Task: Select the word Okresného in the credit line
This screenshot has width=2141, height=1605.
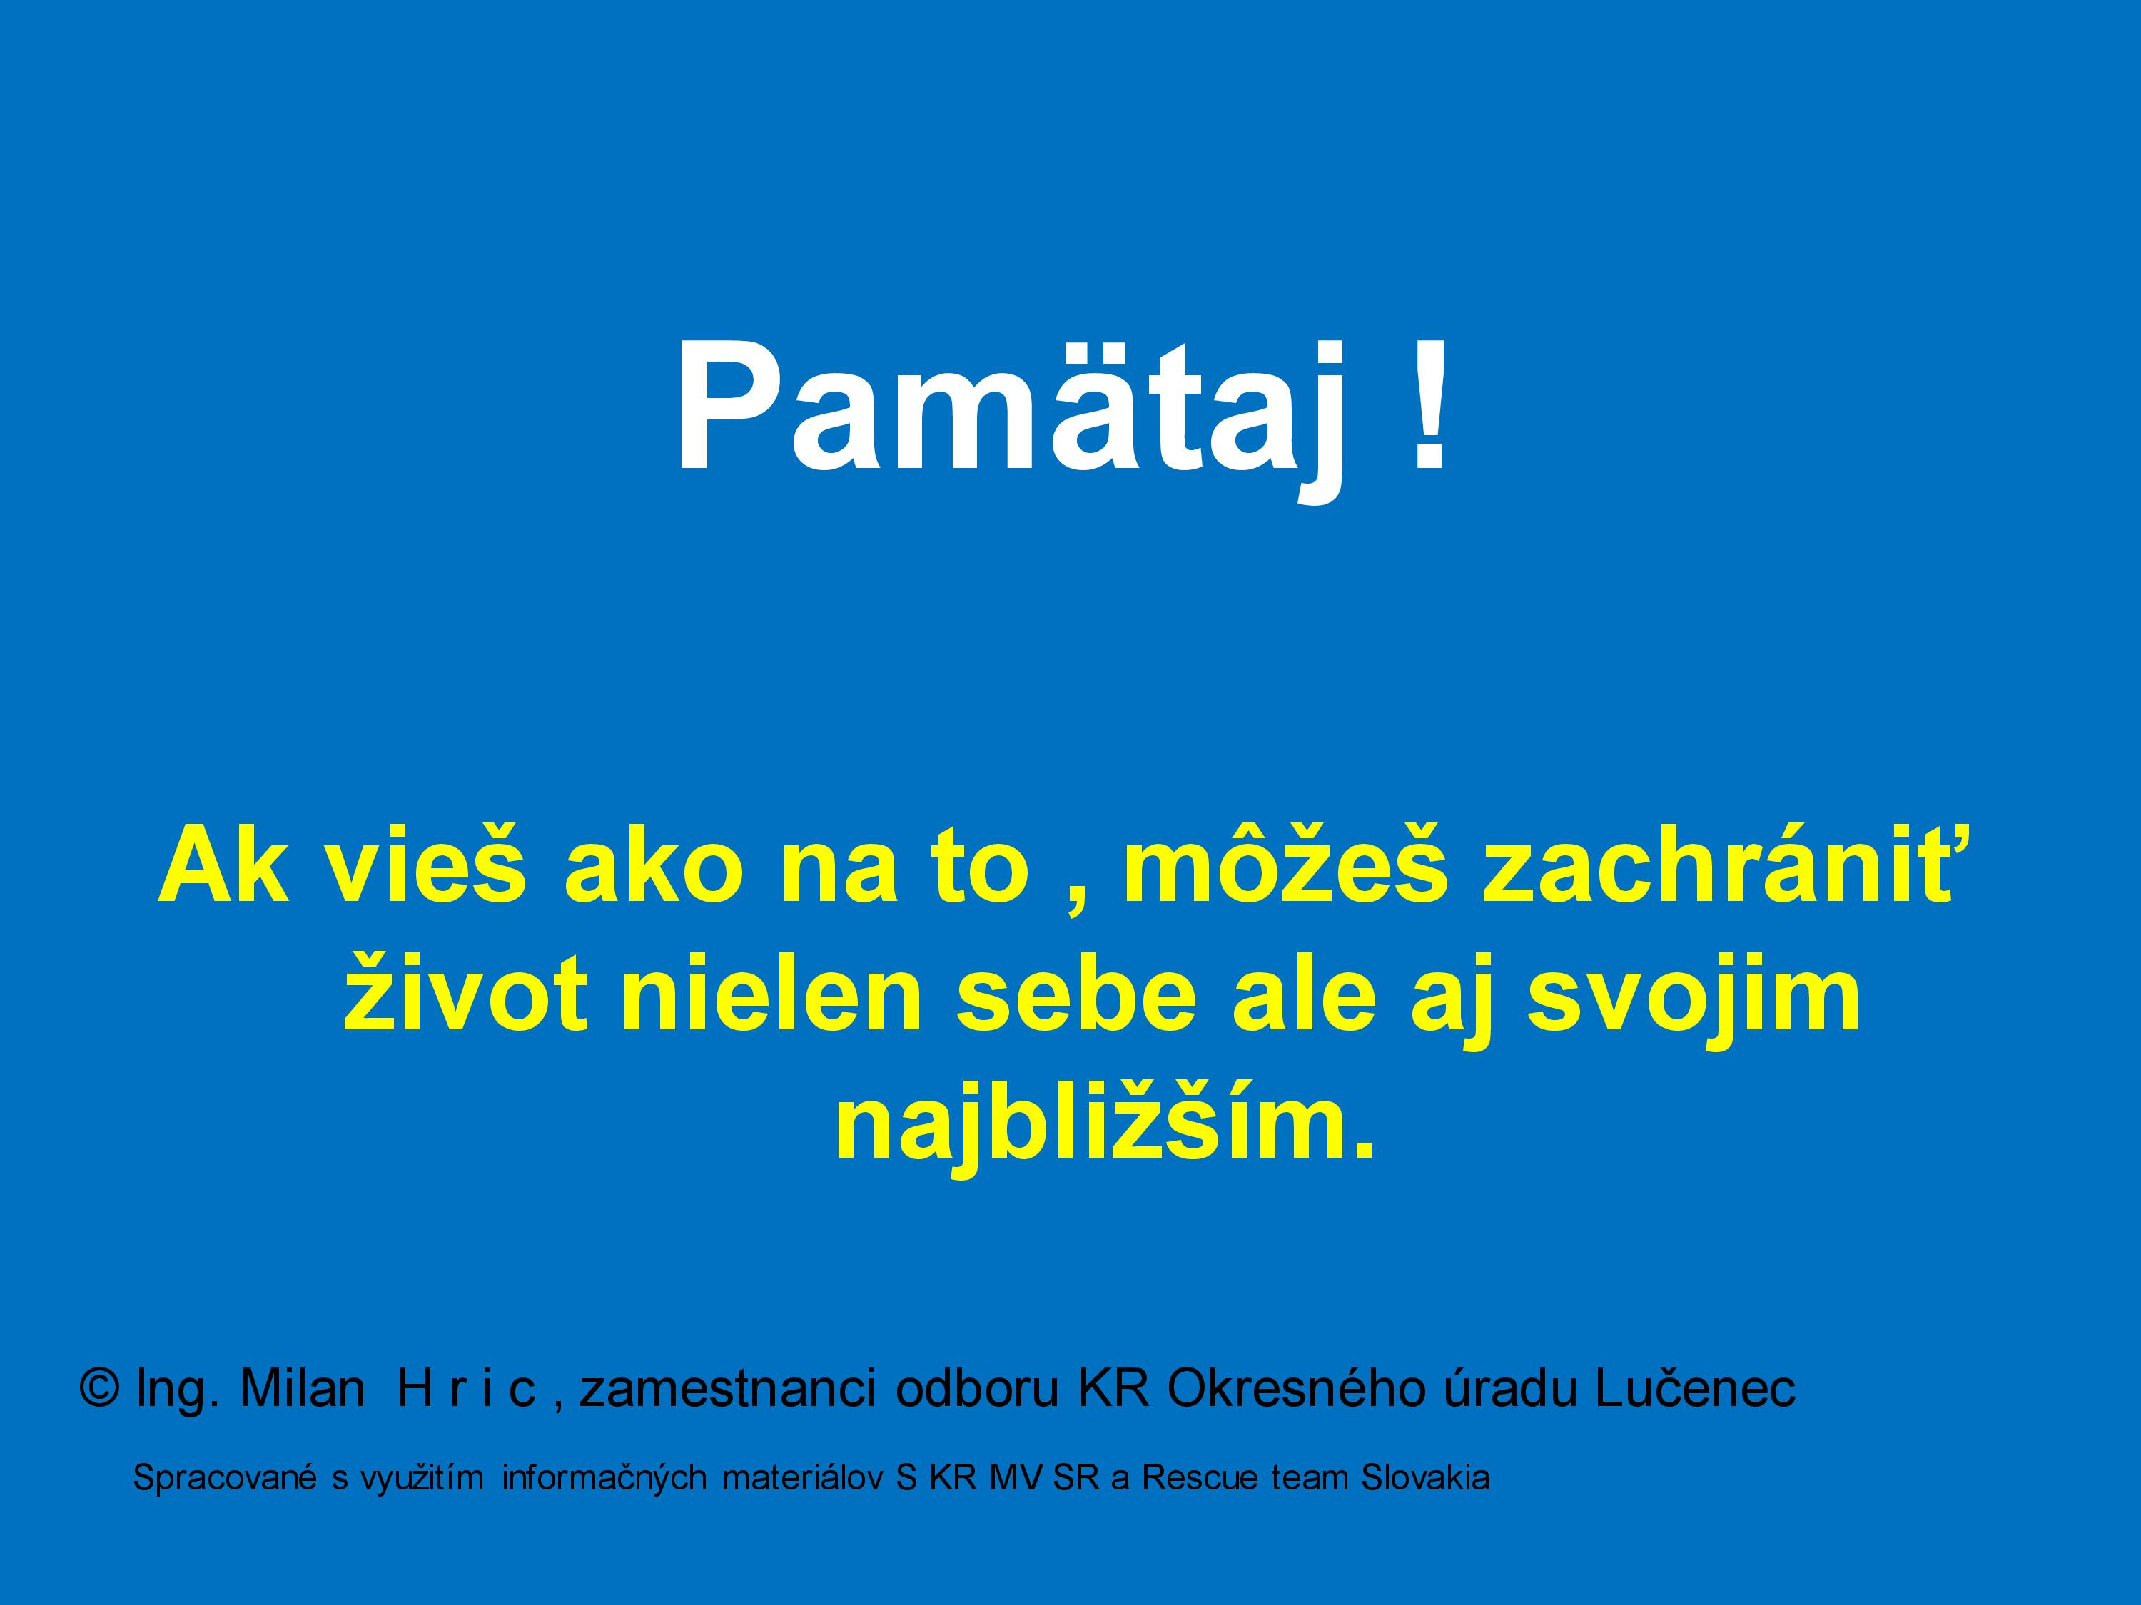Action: pyautogui.click(x=1297, y=1390)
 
